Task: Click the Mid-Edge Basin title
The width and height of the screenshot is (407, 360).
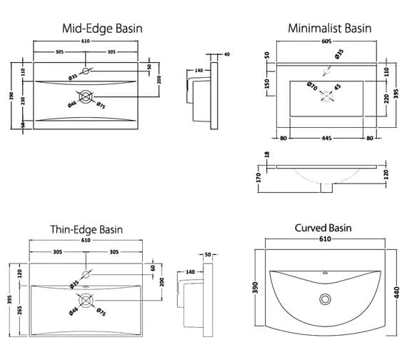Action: coord(102,29)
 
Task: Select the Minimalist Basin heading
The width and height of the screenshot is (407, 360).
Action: coord(330,29)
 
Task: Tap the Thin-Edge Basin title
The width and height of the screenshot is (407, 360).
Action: coord(86,229)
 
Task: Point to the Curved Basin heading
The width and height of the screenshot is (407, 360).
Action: coord(323,228)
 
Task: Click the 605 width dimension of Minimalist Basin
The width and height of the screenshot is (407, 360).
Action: coord(326,41)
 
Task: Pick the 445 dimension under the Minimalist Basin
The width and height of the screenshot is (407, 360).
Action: coord(326,138)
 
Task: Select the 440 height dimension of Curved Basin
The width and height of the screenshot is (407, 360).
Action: coord(396,292)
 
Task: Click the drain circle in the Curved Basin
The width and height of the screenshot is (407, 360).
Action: coord(325,299)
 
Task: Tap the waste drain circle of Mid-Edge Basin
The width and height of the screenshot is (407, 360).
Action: coord(86,96)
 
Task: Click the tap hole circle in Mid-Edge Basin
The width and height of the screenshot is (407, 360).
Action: coord(86,71)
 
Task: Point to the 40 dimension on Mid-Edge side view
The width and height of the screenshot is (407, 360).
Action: coord(227,54)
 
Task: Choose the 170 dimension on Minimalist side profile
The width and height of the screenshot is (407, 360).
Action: coord(258,178)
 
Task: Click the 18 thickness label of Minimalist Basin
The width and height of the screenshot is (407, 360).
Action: coord(267,154)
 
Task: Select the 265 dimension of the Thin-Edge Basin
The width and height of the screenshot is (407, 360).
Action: coord(20,310)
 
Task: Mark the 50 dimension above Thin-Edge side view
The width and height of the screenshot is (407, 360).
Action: coord(208,254)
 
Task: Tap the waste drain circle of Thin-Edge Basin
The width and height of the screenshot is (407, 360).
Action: coord(86,300)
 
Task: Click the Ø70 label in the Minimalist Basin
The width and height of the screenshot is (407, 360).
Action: coord(312,86)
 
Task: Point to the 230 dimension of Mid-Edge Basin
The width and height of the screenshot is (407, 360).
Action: coord(23,101)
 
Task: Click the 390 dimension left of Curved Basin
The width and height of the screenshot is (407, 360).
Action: coord(256,288)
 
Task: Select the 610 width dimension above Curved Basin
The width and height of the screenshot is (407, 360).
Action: coord(325,239)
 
